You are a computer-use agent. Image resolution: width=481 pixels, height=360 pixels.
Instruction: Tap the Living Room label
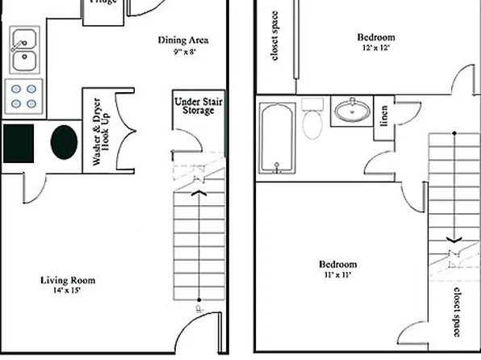69,280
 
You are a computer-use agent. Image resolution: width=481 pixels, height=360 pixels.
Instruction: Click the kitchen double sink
24,49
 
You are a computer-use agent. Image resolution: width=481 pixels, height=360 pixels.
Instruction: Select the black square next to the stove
18,143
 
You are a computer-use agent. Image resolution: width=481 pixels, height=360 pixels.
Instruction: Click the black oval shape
64,142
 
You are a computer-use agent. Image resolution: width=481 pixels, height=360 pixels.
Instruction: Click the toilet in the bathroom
312,121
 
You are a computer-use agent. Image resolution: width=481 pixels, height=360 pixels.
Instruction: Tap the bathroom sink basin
351,111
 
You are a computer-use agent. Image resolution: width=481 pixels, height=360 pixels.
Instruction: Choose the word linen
384,117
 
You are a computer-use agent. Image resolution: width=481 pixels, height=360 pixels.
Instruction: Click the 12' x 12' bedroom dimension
376,48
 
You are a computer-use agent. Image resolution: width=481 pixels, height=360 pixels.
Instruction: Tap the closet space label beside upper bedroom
275,35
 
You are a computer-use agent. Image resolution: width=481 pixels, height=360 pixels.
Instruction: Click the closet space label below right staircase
457,312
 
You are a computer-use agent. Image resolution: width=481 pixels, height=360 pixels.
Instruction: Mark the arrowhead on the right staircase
455,239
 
